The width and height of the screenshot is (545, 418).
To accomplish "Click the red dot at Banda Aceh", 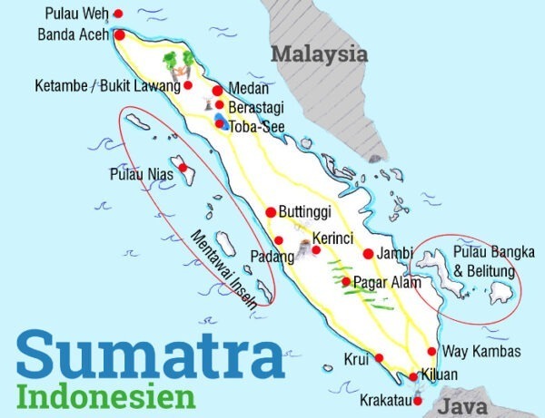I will (119, 34).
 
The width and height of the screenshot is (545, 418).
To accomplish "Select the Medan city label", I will (250, 89).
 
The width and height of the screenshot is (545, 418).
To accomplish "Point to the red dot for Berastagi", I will (219, 105).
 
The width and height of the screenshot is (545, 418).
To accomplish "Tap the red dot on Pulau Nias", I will (183, 168).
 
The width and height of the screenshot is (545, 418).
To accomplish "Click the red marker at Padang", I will (279, 240).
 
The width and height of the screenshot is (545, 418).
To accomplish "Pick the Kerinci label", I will (332, 238).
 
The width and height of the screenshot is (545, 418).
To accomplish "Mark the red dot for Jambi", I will (369, 254).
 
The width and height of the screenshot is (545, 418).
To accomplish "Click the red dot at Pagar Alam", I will (346, 282).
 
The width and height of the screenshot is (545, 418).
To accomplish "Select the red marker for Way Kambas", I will (431, 351).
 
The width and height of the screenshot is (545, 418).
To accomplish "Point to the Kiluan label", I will (440, 374).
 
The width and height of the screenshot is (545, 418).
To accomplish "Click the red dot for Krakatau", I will (418, 401).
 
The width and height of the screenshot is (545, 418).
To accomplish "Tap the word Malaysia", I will (321, 54).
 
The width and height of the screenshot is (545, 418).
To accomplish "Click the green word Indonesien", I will (106, 396).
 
